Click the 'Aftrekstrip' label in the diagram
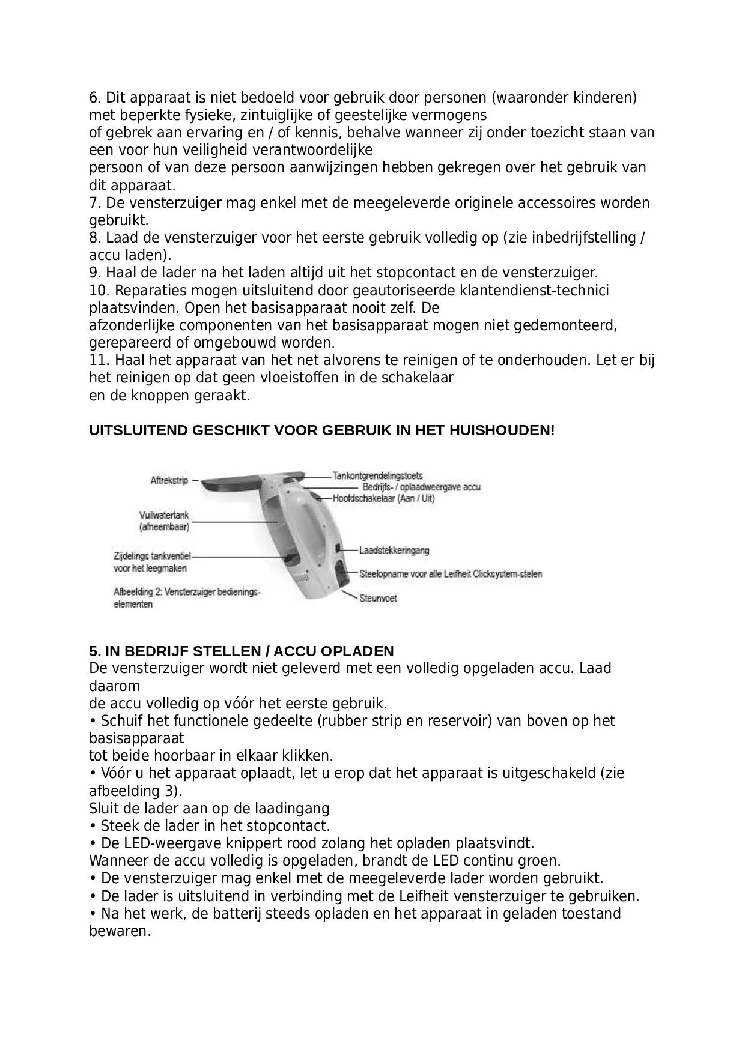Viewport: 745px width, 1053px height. [x=169, y=480]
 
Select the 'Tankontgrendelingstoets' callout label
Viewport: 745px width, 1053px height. [x=377, y=476]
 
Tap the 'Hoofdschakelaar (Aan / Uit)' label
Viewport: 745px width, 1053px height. [x=383, y=498]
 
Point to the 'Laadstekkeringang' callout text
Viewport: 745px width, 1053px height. [x=394, y=550]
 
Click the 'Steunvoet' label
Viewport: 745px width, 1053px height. [x=378, y=598]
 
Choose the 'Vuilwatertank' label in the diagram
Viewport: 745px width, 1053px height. [x=164, y=515]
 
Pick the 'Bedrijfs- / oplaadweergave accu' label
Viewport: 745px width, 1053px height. [x=421, y=487]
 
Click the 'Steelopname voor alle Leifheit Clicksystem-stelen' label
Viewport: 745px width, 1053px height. [x=450, y=574]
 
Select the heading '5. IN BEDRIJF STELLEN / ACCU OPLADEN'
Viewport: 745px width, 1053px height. [x=241, y=651]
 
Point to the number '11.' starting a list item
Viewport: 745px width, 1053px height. [x=99, y=360]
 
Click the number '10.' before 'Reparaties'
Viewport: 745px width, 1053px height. [x=99, y=291]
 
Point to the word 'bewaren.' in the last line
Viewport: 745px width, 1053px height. [x=120, y=931]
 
